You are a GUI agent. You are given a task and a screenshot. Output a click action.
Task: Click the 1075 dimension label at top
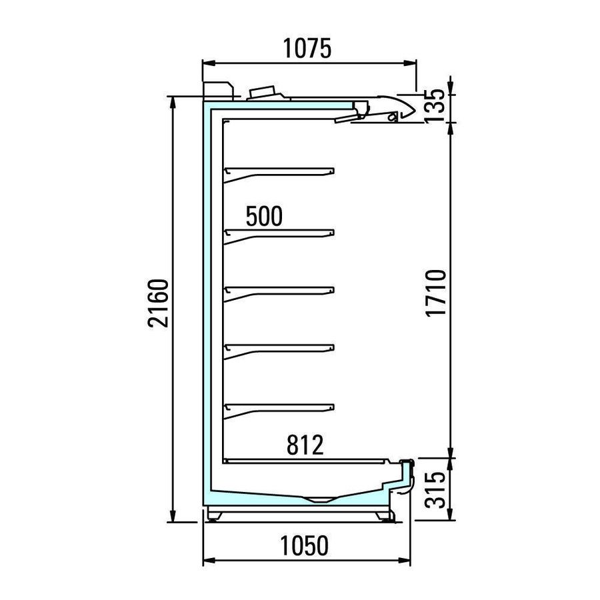pyautogui.click(x=307, y=49)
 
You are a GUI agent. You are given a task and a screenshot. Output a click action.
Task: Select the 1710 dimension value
pyautogui.click(x=436, y=293)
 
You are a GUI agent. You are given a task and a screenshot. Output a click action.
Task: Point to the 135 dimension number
pyautogui.click(x=435, y=105)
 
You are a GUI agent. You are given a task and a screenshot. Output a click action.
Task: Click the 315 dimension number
pyautogui.click(x=436, y=490)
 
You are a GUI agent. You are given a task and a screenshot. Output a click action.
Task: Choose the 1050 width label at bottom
pyautogui.click(x=304, y=545)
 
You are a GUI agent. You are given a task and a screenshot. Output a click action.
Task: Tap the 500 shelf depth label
pyautogui.click(x=264, y=216)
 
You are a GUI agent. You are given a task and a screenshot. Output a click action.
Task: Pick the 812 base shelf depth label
pyautogui.click(x=305, y=445)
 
